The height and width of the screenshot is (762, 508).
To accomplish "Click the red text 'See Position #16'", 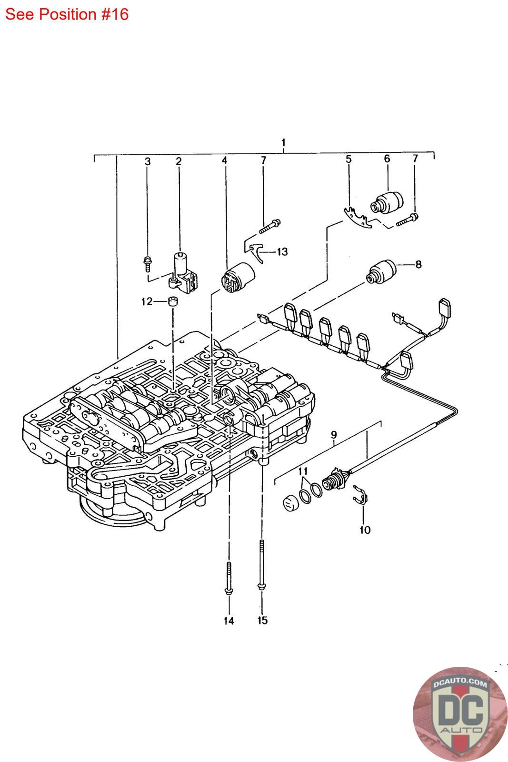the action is pos(67,15).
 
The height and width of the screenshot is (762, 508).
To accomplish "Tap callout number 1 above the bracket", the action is pos(284,142).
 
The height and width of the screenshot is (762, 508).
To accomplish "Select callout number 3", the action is pos(147,161).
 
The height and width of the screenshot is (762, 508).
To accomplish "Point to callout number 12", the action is pos(147,301).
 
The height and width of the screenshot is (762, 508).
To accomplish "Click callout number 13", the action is pos(282,252).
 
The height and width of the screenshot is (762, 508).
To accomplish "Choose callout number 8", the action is pos(418,264).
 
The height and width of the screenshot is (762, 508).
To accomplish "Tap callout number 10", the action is pos(365,530).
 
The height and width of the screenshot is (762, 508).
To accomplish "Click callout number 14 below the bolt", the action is pos(229,621).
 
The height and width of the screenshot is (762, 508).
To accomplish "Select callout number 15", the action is pos(262,621).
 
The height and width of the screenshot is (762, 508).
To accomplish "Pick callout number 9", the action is pos(334,435).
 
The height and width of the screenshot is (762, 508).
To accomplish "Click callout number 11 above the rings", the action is pos(303,471).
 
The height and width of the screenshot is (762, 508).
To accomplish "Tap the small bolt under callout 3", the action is pos(148,264).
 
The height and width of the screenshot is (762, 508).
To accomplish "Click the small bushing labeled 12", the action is pos(174,301).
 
